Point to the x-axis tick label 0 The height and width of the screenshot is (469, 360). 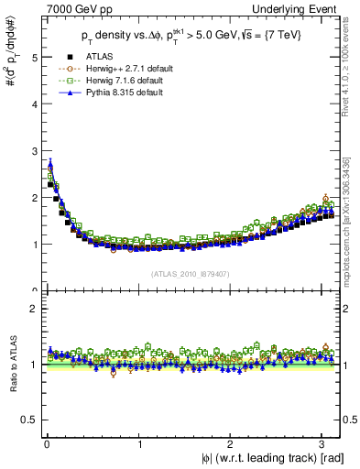tap(46, 444)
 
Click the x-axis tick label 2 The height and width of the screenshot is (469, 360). tap(231, 444)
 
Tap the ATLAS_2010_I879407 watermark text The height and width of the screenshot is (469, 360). tap(191, 274)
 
